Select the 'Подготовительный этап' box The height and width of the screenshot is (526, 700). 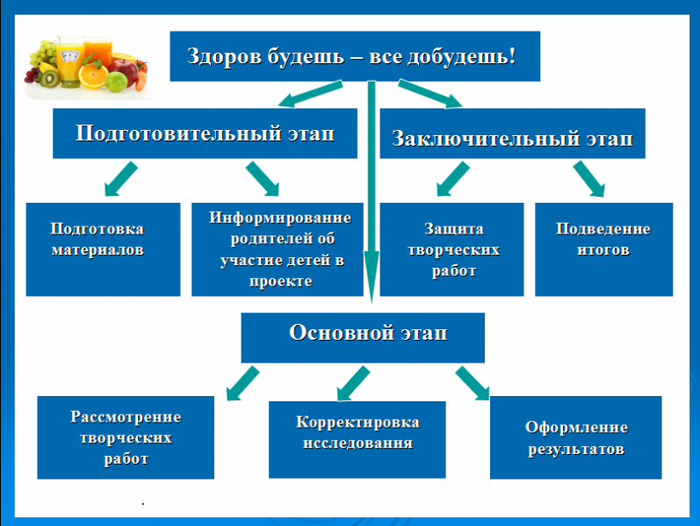point(205,133)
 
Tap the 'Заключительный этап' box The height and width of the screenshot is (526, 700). point(512,138)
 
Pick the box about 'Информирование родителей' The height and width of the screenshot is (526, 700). point(278,249)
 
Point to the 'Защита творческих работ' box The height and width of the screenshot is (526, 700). point(452,249)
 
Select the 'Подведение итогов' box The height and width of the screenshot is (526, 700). point(603,249)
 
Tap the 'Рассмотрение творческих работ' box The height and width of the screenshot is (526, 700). point(126,436)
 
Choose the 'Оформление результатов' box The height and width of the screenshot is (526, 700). point(575,437)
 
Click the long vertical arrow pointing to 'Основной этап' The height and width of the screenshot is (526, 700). point(372,193)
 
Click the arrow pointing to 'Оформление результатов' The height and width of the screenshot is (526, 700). point(473,383)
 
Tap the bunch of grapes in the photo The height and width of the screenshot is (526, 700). point(42,60)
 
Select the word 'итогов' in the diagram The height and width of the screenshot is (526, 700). point(603,249)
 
